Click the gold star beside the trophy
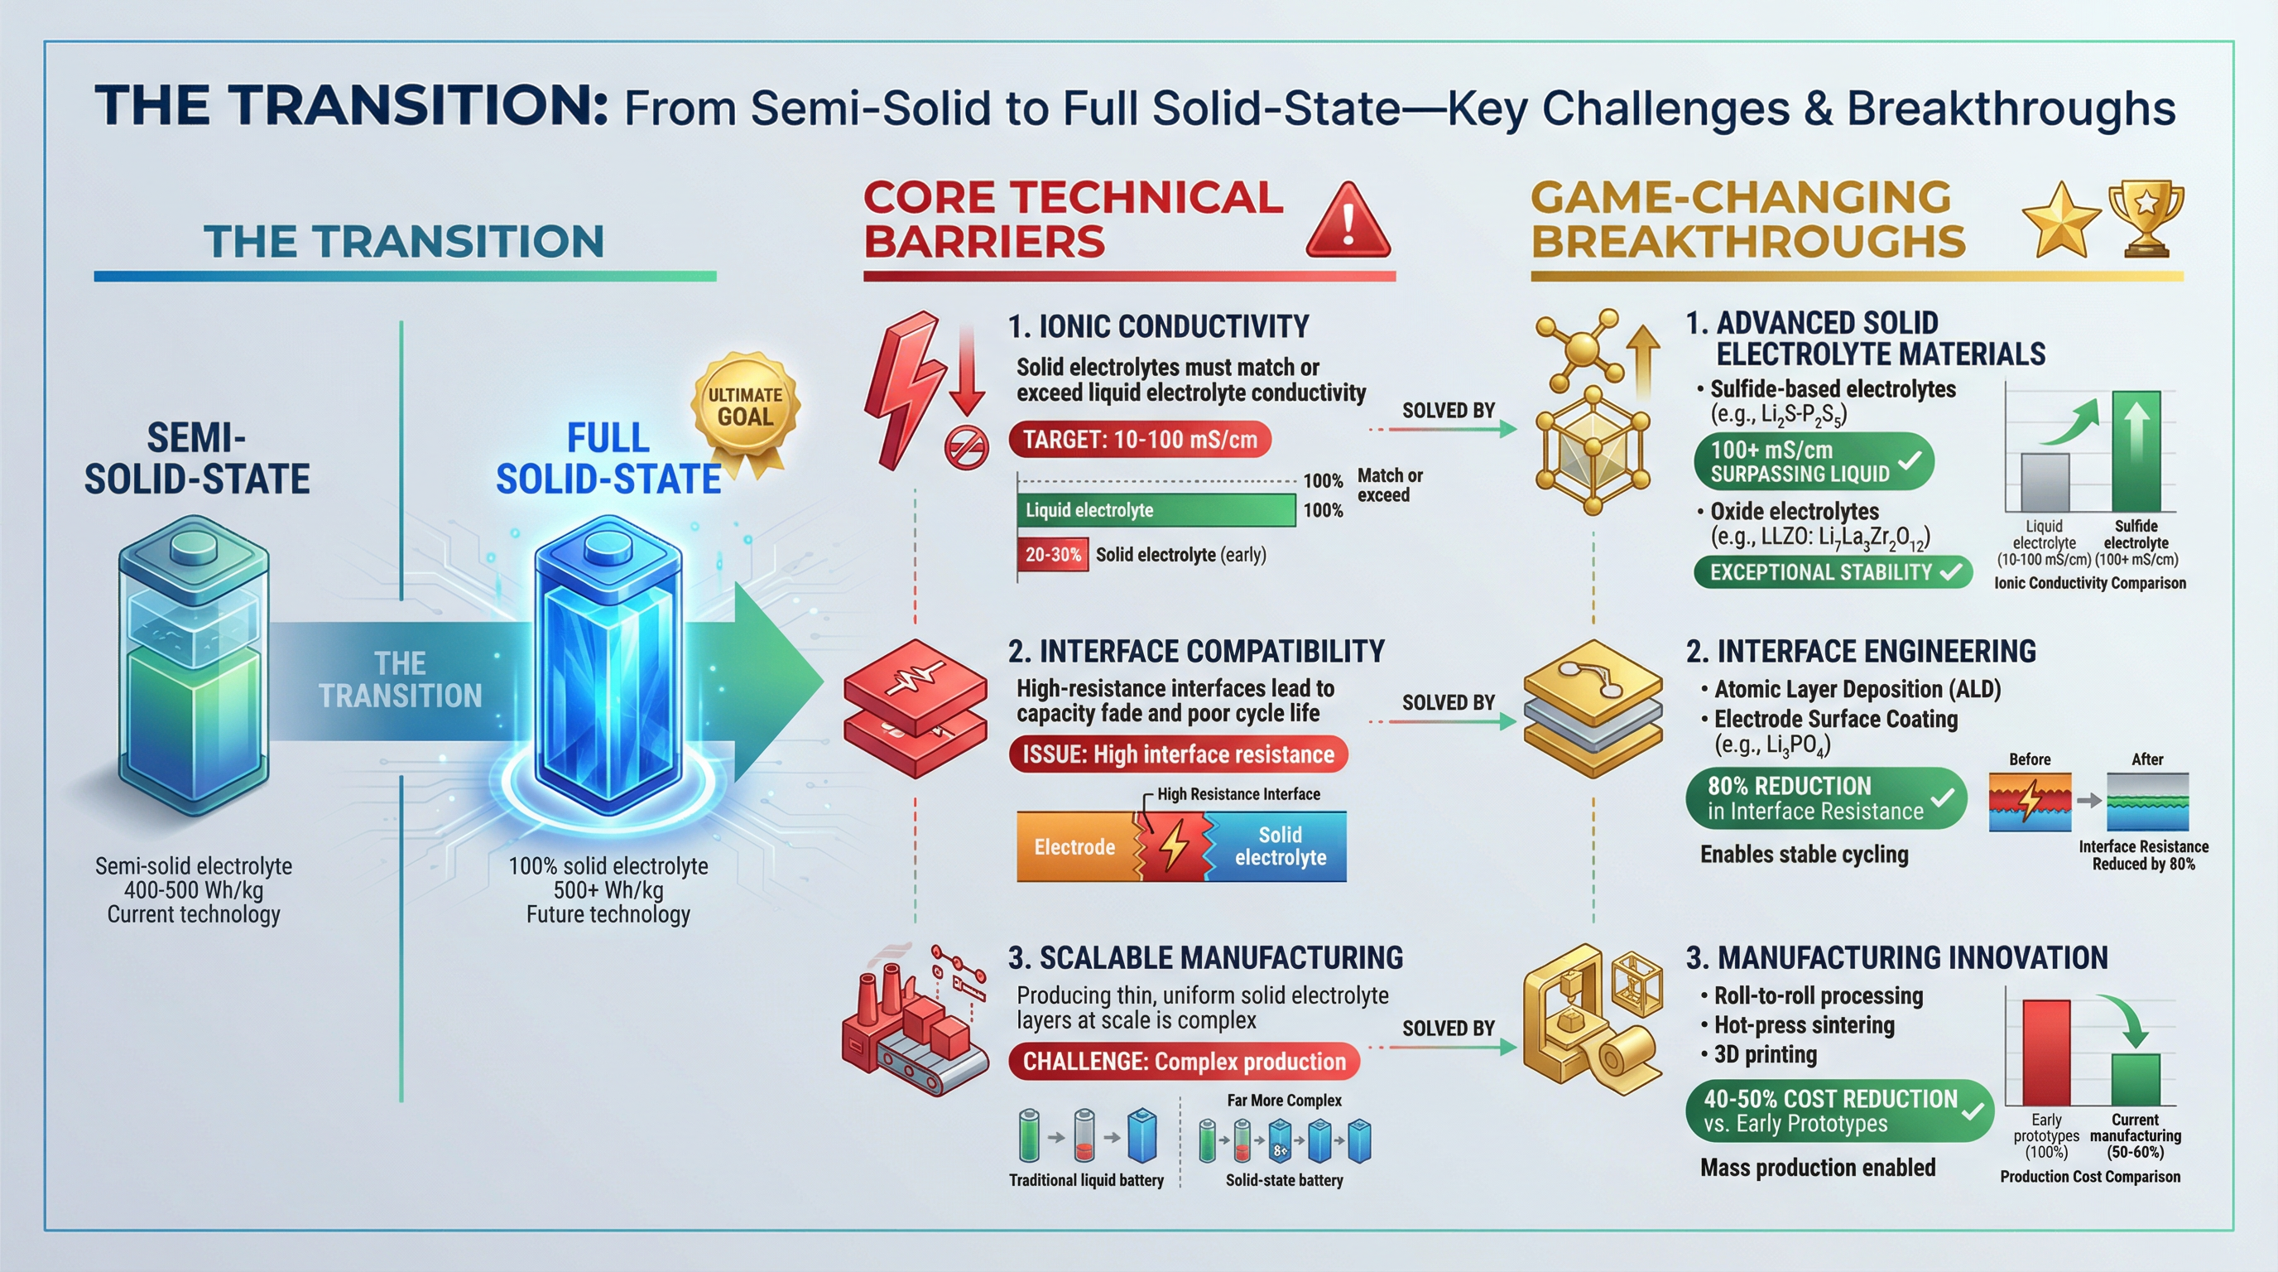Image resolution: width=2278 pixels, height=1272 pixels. [x=2061, y=221]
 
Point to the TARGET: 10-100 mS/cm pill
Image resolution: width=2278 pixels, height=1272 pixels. [x=1140, y=440]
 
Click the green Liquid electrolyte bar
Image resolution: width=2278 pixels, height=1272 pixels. [x=1156, y=510]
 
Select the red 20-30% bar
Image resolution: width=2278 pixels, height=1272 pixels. [x=1052, y=555]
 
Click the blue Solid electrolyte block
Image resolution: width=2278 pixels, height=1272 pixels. [x=1280, y=846]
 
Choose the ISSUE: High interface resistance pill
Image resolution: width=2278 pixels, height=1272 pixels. [x=1178, y=754]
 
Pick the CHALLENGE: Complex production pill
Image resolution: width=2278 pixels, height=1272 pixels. [x=1184, y=1062]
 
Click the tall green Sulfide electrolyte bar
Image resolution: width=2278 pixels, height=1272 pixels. [x=2136, y=451]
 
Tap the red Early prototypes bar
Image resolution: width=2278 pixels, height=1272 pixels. [x=2046, y=1053]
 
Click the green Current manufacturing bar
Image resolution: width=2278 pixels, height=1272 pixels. [x=2136, y=1079]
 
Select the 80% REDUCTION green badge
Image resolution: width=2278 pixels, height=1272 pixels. [x=1826, y=797]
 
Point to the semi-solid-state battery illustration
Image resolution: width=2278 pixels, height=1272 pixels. [x=194, y=663]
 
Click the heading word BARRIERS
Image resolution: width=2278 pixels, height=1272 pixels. [x=984, y=242]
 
